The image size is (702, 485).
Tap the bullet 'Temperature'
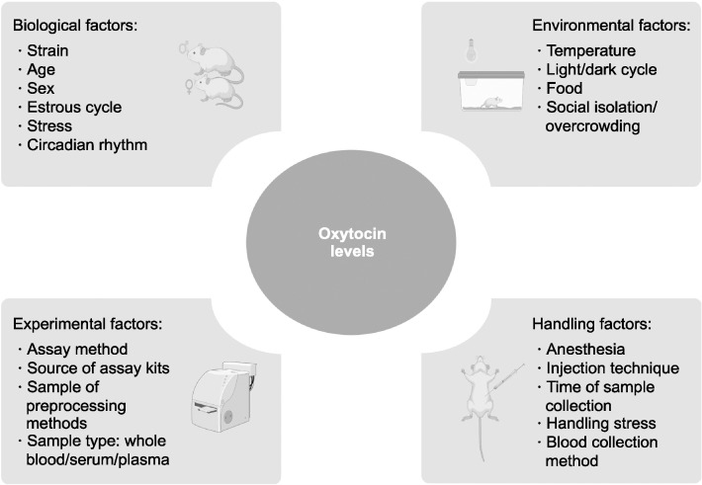point(590,50)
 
